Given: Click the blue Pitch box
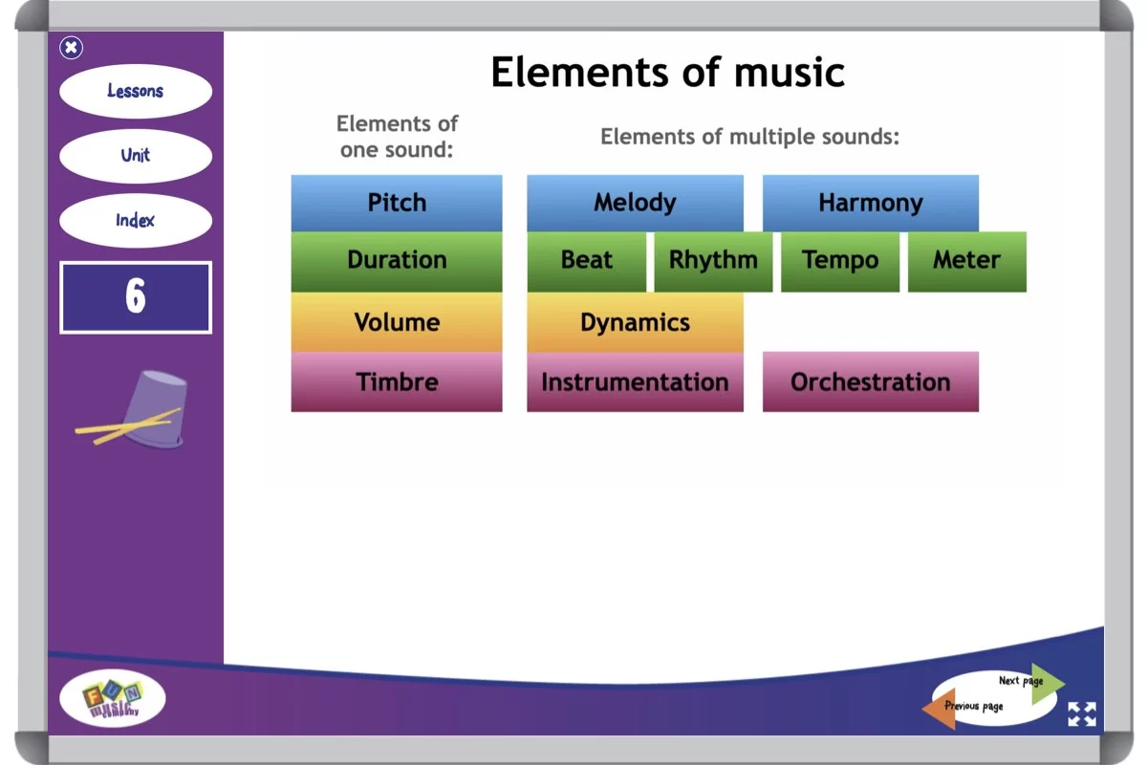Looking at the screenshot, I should pos(397,203).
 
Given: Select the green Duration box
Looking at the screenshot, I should pos(397,261).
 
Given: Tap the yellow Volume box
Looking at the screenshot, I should pos(397,322).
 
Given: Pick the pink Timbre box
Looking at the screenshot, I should pos(397,382).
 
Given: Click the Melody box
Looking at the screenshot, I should pos(635,203).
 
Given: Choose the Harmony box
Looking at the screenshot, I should pos(870,203).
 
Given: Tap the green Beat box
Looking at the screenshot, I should pos(586,261).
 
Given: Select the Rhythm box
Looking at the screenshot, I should pos(713,261).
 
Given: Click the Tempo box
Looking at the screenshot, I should pos(840,261).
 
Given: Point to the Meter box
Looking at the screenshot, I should pos(966,261).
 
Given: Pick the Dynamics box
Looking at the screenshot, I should pos(635,322).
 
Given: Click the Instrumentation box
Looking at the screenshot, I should pos(635,382).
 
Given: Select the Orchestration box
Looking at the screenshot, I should pos(870,382).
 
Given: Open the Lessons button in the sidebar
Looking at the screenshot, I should pos(135,92).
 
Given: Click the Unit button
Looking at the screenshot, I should pos(135,156).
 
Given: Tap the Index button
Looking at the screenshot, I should pos(135,221).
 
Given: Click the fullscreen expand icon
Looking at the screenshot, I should pos(1082,714).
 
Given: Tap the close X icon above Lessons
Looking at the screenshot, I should pos(71,48).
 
